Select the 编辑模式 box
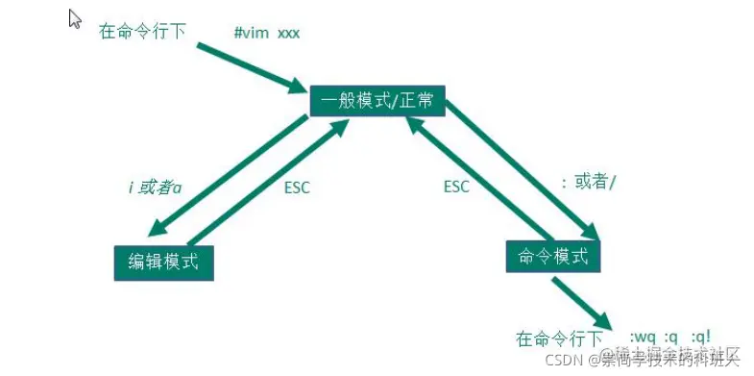point(163,262)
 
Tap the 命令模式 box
point(552,256)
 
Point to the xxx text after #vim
point(289,33)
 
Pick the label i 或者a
point(156,188)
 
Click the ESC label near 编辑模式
point(298,188)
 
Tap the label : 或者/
point(587,182)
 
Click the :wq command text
point(644,338)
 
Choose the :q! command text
point(701,338)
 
